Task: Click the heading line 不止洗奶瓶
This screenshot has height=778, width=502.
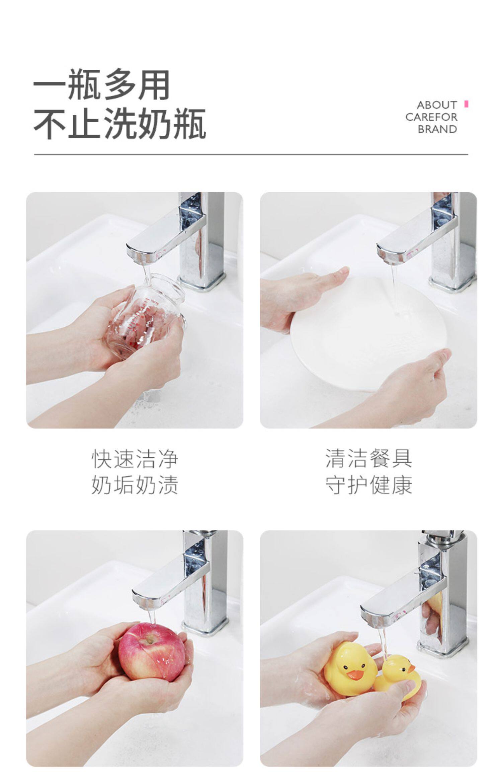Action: (x=119, y=123)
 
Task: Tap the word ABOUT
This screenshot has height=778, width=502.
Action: (x=437, y=105)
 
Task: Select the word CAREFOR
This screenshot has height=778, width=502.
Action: (x=431, y=117)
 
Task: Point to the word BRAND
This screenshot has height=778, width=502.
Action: (x=437, y=129)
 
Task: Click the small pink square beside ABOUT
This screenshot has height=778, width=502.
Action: (x=466, y=104)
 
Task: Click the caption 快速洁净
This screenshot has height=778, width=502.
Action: (x=135, y=459)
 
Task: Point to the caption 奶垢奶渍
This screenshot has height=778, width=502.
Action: (x=135, y=485)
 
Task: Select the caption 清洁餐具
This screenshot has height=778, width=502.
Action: (x=368, y=459)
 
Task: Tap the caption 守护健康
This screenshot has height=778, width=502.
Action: (x=368, y=485)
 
